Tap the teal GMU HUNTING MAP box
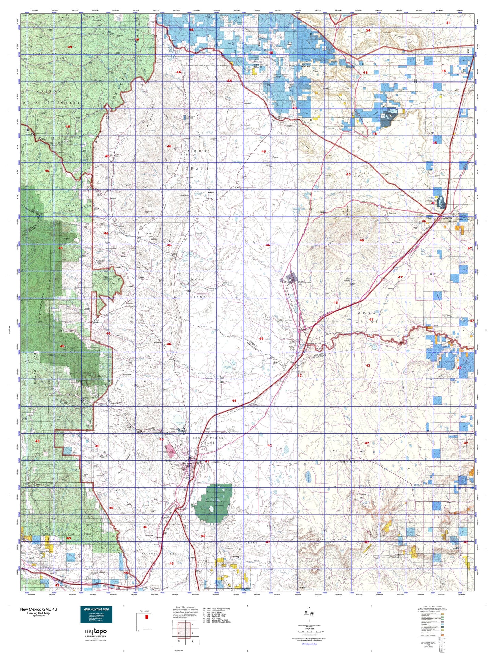pyautogui.click(x=96, y=615)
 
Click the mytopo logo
pyautogui.click(x=96, y=631)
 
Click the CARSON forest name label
pyautogui.click(x=47, y=91)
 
